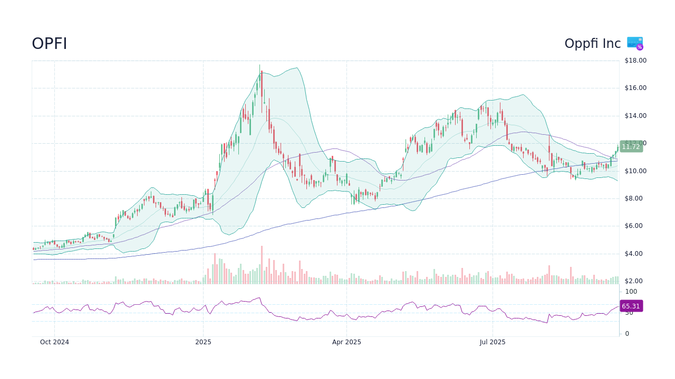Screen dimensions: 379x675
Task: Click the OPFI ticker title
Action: [50, 44]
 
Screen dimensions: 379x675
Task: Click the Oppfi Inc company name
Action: [592, 44]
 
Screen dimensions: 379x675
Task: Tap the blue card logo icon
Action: [635, 43]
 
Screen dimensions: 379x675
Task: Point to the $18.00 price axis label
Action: [635, 61]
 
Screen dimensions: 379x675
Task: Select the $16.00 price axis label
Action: [635, 88]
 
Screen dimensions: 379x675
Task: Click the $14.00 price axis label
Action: [635, 116]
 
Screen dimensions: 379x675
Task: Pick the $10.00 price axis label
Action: [635, 171]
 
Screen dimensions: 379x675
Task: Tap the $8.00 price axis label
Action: [635, 198]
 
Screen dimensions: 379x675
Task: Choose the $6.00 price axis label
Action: [635, 226]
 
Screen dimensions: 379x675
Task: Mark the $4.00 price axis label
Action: [635, 254]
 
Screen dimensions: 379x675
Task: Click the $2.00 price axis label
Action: [635, 281]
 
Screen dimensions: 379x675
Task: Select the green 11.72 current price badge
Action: [630, 147]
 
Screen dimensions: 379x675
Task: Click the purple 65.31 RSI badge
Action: [630, 306]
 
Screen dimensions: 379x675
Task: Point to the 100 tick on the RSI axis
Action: [631, 292]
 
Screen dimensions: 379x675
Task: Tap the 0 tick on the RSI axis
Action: [627, 334]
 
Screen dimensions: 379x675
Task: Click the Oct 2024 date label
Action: [54, 342]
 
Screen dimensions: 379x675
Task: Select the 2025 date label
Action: [203, 342]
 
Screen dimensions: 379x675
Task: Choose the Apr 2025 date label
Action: [346, 342]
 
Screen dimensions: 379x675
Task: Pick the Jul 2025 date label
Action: [493, 342]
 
